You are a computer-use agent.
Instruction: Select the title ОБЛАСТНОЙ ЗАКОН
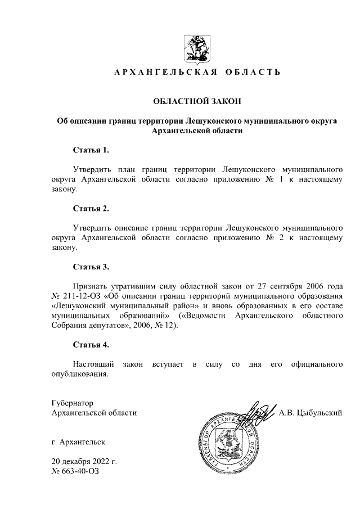click(197, 102)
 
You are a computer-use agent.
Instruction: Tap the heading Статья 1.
click(91, 150)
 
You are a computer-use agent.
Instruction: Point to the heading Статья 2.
click(91, 209)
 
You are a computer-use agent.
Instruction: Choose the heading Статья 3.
click(91, 267)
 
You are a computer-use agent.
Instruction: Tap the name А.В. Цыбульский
click(311, 413)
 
